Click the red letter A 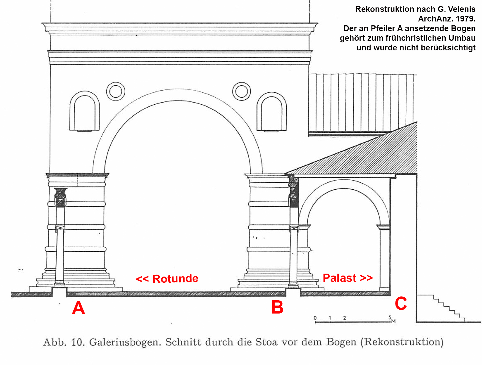pyautogui.click(x=78, y=307)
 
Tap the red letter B pyautogui.click(x=277, y=307)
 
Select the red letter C pyautogui.click(x=401, y=303)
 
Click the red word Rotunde pyautogui.click(x=175, y=279)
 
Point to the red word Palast pyautogui.click(x=340, y=278)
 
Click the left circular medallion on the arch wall pyautogui.click(x=116, y=91)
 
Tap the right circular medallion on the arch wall pyautogui.click(x=242, y=91)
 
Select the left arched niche pyautogui.click(x=85, y=111)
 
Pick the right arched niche pyautogui.click(x=272, y=112)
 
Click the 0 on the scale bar pyautogui.click(x=315, y=318)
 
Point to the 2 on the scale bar pyautogui.click(x=345, y=318)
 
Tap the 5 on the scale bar pyautogui.click(x=390, y=317)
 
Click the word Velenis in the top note pyautogui.click(x=462, y=9)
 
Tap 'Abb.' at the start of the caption pyautogui.click(x=55, y=342)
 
